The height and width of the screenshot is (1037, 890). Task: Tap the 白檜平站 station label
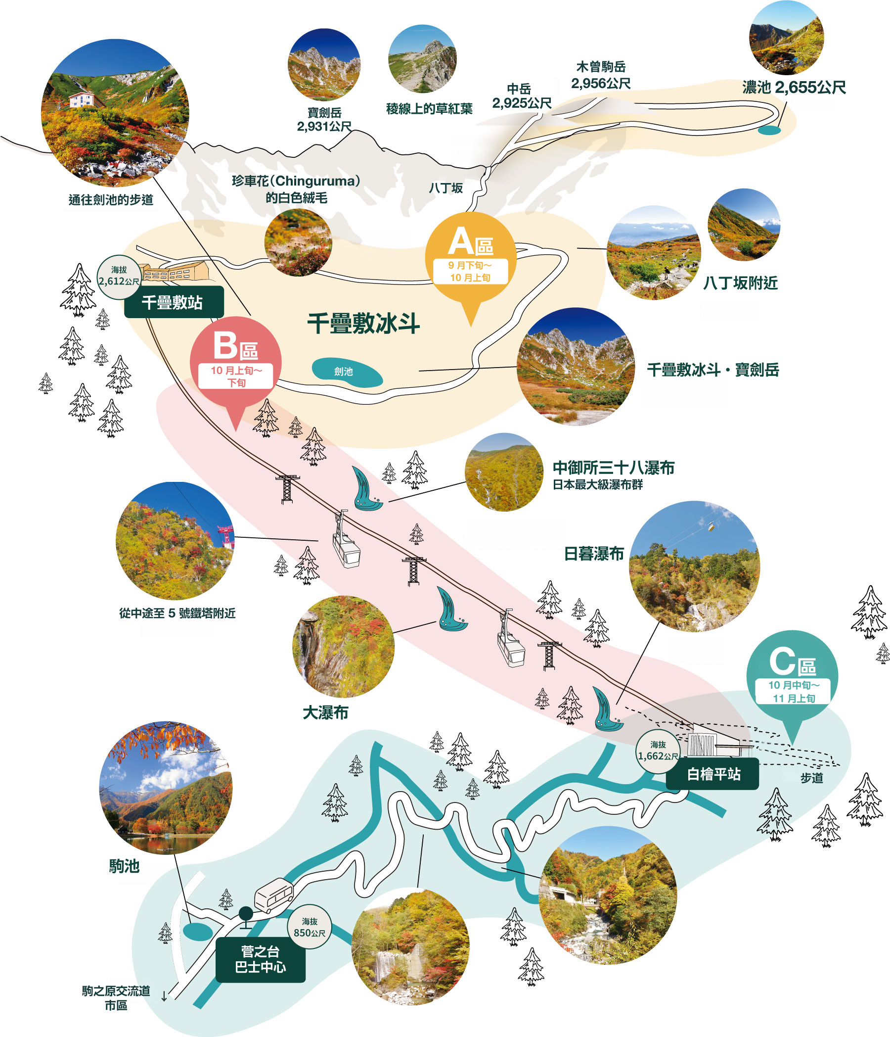point(712,774)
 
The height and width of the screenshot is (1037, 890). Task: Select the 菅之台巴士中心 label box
point(260,959)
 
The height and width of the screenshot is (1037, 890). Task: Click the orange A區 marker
point(470,260)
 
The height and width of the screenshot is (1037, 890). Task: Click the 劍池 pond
point(347,373)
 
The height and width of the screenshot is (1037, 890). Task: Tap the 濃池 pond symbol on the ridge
point(769,130)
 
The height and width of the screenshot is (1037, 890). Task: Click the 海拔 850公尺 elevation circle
point(309,927)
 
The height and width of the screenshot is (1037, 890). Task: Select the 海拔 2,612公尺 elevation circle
point(119,277)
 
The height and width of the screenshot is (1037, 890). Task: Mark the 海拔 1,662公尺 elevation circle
point(658,751)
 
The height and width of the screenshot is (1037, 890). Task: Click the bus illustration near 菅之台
point(273,896)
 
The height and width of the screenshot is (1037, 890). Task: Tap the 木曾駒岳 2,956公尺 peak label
point(601,75)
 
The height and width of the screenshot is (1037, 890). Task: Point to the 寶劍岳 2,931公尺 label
point(324,120)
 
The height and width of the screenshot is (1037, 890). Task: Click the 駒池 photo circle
point(166,787)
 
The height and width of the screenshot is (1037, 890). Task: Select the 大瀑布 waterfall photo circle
point(343,647)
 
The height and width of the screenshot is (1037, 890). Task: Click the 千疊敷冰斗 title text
point(363,323)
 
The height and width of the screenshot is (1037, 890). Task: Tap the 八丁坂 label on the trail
point(446,188)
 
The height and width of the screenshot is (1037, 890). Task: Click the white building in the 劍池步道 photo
point(82,99)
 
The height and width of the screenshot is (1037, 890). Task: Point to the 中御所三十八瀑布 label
point(613,468)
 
